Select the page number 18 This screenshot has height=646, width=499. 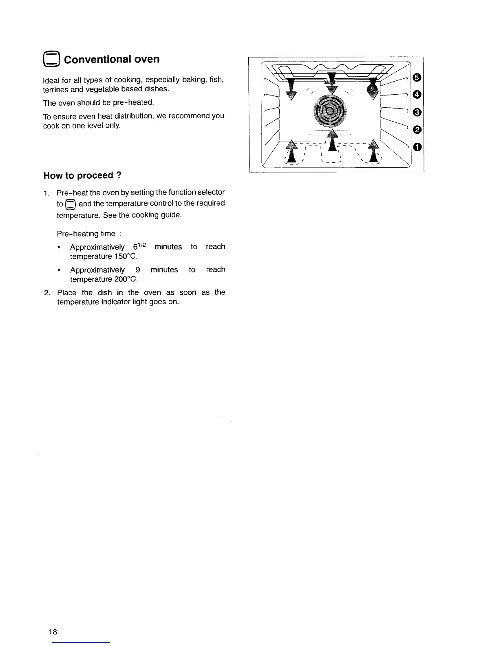(53, 632)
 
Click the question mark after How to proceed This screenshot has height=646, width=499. (119, 175)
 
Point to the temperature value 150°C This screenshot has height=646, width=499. (124, 257)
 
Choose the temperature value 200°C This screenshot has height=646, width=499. (124, 279)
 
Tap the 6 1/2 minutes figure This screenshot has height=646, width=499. (140, 247)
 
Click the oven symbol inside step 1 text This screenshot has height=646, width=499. (71, 204)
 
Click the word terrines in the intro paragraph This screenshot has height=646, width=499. (55, 89)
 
